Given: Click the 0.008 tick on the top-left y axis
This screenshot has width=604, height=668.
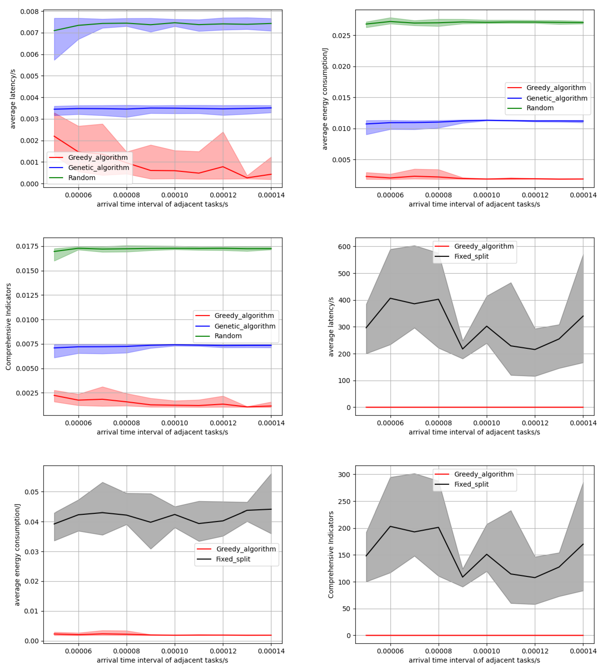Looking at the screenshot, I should (x=30, y=12).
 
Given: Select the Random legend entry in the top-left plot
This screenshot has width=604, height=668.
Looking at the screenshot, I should (x=82, y=178).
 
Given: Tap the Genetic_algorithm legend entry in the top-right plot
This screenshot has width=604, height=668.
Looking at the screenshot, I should (x=557, y=98).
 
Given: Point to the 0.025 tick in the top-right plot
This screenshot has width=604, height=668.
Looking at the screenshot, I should (x=341, y=36).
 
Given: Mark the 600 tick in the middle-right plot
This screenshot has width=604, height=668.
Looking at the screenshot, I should (x=344, y=247).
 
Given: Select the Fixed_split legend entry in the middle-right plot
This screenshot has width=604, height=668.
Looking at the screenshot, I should (x=471, y=256).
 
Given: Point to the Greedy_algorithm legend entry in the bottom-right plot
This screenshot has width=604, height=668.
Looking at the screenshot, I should (x=484, y=474).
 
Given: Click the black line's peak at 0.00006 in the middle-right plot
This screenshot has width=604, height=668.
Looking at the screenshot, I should (x=390, y=298).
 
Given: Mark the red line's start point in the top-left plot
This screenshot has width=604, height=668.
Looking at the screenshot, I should (x=54, y=136).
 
